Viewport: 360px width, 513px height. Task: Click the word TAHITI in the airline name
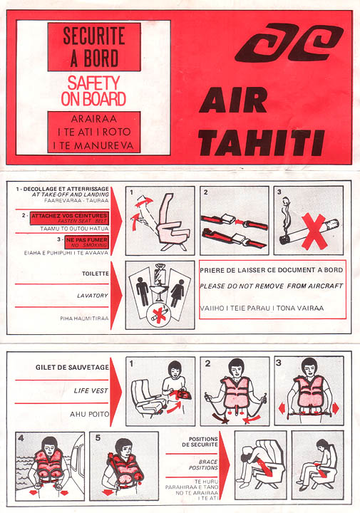[x=261, y=142]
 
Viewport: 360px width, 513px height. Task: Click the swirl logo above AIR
[x=289, y=43]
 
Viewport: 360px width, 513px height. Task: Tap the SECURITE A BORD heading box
[x=94, y=47]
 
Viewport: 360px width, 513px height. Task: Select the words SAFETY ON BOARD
[x=93, y=91]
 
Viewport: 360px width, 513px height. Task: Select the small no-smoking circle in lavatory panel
[x=159, y=316]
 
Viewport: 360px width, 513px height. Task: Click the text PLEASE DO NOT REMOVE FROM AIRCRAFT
[x=272, y=286]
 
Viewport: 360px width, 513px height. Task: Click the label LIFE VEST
[x=91, y=390]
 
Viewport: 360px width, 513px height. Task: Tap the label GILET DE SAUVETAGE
[x=72, y=367]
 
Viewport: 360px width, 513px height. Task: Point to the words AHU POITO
[x=89, y=414]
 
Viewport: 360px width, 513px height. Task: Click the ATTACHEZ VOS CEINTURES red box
[x=69, y=218]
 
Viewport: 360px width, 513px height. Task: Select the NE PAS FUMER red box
[x=87, y=242]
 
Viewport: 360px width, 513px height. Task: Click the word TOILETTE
[x=96, y=274]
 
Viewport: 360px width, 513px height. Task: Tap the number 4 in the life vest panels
[x=21, y=438]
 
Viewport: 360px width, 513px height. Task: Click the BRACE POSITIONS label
[x=203, y=465]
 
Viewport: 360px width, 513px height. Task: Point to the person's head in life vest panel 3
[x=309, y=367]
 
